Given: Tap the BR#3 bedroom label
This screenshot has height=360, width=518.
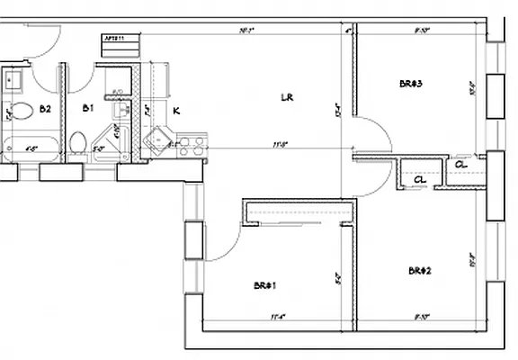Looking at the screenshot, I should pos(411,84).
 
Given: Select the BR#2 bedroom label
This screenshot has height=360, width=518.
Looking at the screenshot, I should pos(419,270).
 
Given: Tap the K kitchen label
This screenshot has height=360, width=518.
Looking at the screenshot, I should pos(176,111).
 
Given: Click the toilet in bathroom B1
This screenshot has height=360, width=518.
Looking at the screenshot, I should pos(78,142).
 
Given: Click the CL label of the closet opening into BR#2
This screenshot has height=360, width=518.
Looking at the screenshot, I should pos(420,179).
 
